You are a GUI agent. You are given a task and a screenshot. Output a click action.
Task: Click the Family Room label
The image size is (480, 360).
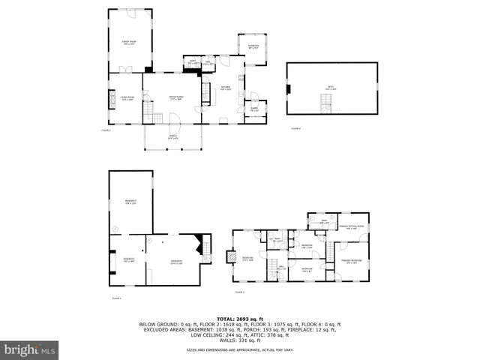tap(128, 43)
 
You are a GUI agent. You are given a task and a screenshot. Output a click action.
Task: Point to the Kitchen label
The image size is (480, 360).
tap(225, 88)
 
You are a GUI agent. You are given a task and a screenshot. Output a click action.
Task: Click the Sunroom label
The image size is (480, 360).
tap(253, 48)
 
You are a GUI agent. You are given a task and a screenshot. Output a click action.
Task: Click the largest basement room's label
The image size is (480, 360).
tap(130, 202)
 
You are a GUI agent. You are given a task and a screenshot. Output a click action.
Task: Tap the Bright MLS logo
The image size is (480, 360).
tap(29, 349)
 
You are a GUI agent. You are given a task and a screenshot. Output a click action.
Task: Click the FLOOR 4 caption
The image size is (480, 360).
tap(295, 129)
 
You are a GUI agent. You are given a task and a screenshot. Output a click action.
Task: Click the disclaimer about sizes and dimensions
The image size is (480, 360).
tap(239, 350)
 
